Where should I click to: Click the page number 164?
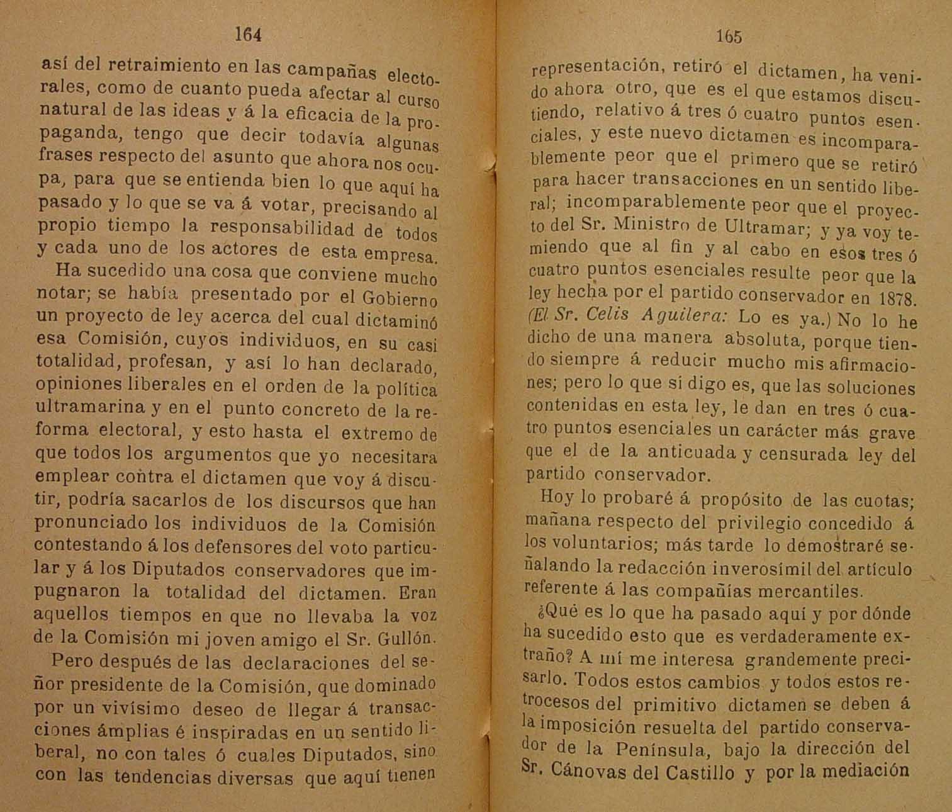[248, 35]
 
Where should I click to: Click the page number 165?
[729, 37]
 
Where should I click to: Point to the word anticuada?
[692, 453]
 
